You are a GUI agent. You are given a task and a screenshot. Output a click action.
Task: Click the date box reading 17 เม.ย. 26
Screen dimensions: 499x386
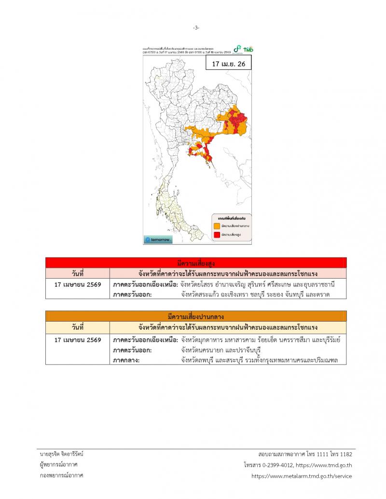(x=228, y=64)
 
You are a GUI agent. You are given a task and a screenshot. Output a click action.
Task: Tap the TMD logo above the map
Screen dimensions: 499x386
(x=248, y=50)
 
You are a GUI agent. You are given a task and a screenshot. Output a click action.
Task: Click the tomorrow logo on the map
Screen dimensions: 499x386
(x=158, y=240)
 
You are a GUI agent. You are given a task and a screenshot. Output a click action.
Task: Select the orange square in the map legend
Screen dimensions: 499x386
(x=217, y=225)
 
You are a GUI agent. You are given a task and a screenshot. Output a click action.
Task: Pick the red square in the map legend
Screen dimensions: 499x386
(x=217, y=234)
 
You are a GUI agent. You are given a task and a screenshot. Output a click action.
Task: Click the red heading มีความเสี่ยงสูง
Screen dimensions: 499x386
(x=196, y=263)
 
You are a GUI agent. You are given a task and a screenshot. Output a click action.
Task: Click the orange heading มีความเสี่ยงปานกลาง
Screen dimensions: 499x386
(x=196, y=316)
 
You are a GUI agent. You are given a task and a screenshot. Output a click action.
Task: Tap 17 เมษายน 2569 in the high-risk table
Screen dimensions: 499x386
(x=78, y=284)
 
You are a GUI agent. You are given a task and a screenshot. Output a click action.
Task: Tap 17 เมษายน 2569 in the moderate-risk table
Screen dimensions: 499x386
(x=78, y=339)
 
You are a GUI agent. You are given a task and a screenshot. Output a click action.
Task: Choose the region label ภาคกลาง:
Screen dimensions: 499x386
(x=128, y=360)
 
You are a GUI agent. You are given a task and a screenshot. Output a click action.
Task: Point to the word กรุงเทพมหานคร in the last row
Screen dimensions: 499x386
(x=276, y=360)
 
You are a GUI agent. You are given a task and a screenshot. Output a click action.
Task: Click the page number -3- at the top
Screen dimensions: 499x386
(x=196, y=27)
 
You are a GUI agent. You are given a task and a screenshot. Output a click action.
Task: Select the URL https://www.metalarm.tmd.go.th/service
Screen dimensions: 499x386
(x=302, y=476)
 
